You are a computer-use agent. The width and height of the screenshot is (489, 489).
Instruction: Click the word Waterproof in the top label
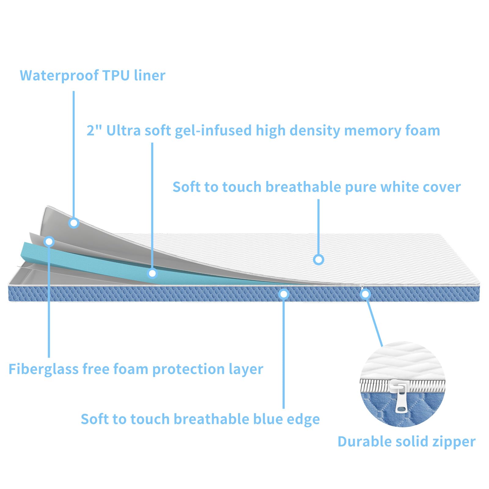[x=59, y=75]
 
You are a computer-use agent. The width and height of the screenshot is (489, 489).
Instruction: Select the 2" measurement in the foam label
[x=94, y=130]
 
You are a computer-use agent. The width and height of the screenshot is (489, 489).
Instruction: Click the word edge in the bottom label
[x=303, y=420]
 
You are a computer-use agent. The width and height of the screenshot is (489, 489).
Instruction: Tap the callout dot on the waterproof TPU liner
[x=74, y=223]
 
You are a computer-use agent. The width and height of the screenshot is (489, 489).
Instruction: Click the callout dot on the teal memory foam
[x=152, y=273]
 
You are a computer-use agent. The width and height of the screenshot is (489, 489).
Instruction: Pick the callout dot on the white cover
[x=318, y=260]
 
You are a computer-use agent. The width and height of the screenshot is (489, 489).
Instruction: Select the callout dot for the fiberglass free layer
[x=49, y=242]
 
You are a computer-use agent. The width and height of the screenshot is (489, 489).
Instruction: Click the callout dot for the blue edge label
[x=284, y=294]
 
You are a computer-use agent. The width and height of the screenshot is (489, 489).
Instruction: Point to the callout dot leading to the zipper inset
[x=365, y=294]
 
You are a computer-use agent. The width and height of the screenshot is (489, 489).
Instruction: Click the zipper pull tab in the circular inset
[x=401, y=401]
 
